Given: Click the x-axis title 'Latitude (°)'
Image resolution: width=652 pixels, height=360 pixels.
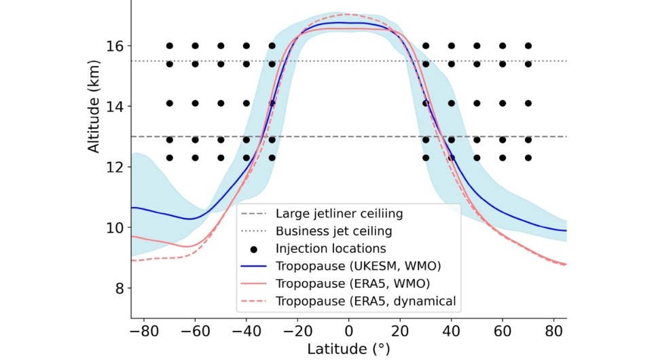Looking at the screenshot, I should (348, 349).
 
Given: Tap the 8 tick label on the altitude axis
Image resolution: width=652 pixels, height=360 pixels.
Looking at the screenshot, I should (119, 288).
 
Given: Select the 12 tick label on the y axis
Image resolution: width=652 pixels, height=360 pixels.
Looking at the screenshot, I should (115, 167).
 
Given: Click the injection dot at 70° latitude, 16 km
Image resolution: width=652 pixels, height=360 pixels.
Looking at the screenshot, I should (528, 46).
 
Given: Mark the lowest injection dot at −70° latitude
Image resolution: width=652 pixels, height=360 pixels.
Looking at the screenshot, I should (169, 158).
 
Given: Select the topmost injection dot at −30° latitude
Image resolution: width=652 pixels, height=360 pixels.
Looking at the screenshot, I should (272, 46).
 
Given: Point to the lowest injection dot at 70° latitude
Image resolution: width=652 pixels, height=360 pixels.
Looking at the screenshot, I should (528, 158).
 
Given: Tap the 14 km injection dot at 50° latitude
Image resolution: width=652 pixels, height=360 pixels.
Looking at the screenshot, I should (477, 103).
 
